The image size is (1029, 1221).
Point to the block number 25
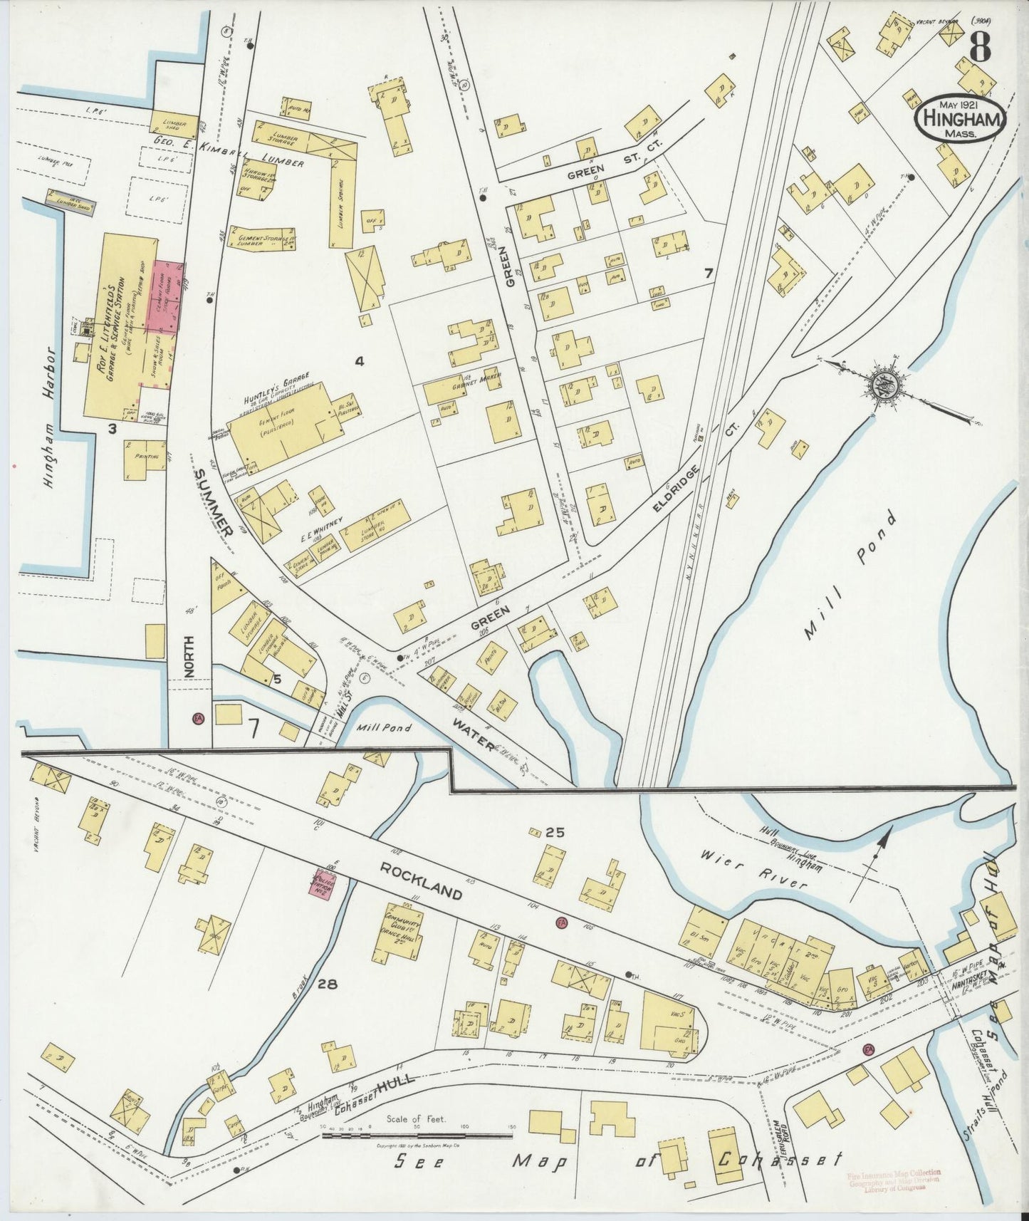pyautogui.click(x=555, y=831)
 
